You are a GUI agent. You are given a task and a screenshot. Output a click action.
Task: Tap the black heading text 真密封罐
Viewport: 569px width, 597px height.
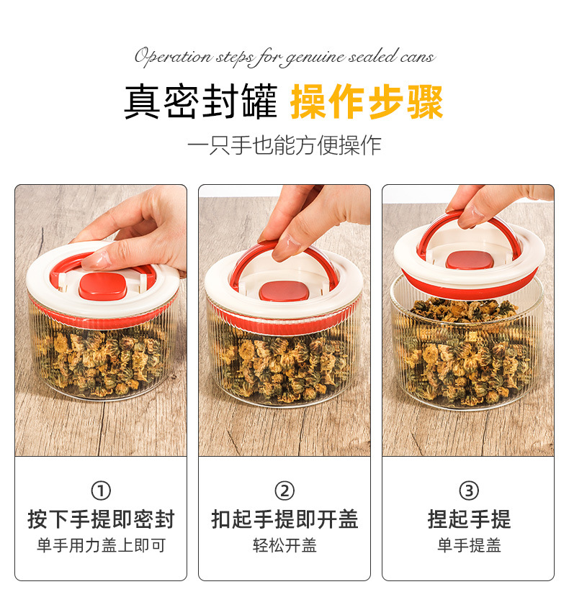pos(201,102)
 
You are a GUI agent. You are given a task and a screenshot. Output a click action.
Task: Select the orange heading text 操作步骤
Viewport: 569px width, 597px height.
pos(367,102)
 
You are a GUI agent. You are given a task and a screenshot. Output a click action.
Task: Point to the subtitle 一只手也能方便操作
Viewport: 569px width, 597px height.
pos(284,145)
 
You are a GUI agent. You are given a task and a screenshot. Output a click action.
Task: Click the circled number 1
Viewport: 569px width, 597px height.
pos(101,491)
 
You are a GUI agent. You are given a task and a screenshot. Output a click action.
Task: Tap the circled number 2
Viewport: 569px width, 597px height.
pos(284,491)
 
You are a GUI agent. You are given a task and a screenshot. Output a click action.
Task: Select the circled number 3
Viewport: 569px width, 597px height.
pos(468,491)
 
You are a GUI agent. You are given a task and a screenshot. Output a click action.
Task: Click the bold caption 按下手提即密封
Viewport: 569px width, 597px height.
pos(101,519)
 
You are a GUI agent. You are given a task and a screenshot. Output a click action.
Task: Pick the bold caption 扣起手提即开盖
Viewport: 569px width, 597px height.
pos(284,519)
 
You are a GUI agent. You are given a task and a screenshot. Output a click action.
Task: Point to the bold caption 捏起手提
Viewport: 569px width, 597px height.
pos(469,519)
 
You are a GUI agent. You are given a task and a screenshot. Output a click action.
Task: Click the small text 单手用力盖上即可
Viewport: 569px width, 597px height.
pos(101,545)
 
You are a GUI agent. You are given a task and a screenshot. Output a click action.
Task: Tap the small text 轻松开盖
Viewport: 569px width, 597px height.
pos(284,545)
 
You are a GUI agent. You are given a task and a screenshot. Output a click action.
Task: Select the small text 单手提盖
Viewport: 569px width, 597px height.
pos(469,545)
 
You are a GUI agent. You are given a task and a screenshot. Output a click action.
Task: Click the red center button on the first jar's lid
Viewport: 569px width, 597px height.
pos(102,286)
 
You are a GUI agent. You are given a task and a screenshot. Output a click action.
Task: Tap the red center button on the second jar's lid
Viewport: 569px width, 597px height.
pos(284,291)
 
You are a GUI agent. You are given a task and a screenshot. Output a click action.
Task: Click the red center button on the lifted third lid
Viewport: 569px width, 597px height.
pos(470,260)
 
